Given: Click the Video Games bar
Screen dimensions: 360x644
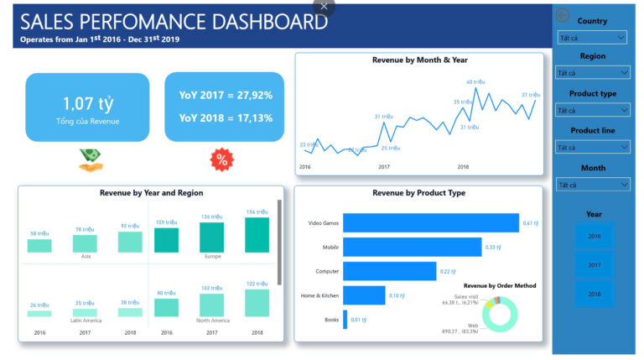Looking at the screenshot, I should coord(431,222).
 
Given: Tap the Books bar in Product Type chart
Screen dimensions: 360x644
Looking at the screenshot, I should coord(345,319).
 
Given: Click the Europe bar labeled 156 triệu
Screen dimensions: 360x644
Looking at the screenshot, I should coord(257,235).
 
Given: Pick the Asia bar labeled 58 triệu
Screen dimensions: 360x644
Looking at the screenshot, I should coord(39,245).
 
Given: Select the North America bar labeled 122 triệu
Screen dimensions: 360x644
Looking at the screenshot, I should coord(257,303).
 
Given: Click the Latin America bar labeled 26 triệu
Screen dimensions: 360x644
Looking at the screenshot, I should coord(39,313).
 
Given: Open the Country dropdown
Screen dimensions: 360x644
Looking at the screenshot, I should coord(592,38).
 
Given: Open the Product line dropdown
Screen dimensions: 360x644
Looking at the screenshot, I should coord(592,147).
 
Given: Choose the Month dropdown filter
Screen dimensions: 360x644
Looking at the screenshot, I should coord(592,184).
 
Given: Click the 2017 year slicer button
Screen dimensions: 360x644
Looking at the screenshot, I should coord(594,264).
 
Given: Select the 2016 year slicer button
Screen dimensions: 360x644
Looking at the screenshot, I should coord(594,236).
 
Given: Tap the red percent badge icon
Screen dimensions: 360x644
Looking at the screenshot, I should coord(222,159).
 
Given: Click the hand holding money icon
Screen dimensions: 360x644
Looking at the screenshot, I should coord(91,159).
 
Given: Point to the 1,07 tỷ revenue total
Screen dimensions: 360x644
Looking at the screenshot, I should coord(87,103).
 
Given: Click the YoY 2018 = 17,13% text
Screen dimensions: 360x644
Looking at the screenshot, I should coord(226,117).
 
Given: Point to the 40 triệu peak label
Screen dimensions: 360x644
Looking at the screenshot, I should coord(475,82).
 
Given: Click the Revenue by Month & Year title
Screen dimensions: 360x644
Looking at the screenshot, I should coord(419,60).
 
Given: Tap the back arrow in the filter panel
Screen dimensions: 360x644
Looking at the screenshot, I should coord(563,15).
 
